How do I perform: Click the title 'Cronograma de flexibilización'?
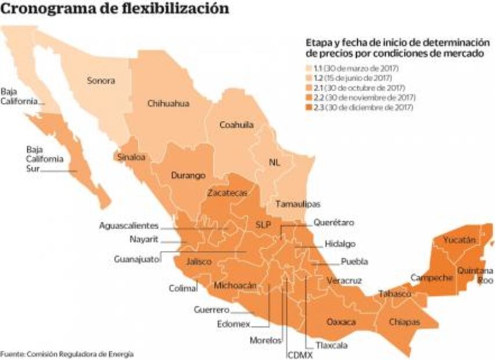click(114, 9)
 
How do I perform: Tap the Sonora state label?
click(102, 81)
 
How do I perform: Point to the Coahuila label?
click(236, 125)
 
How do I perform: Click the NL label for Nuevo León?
click(275, 163)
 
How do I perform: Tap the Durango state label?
click(188, 175)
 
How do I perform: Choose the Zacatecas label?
click(228, 192)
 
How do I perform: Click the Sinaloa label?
click(131, 157)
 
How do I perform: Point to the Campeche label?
click(431, 278)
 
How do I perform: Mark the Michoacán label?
click(235, 285)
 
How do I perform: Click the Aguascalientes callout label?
click(128, 225)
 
